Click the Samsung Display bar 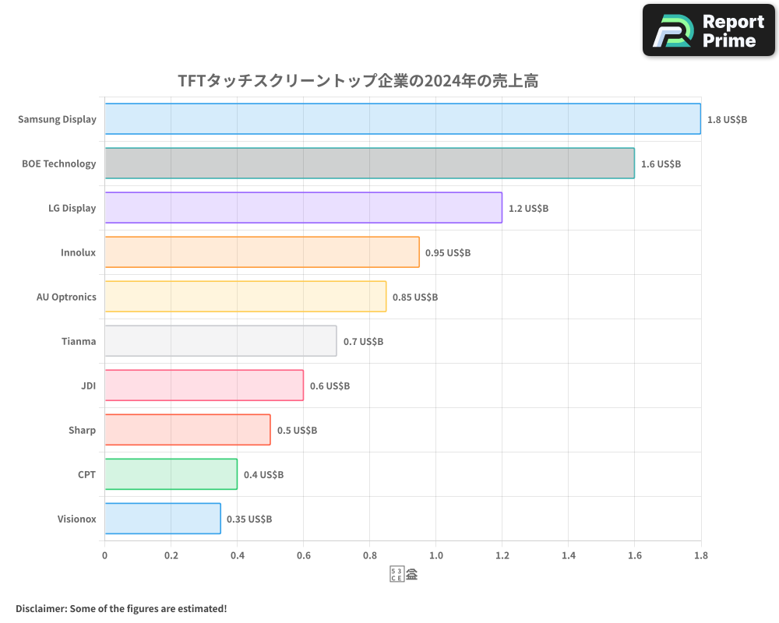click(x=403, y=119)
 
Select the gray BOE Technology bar click(x=369, y=164)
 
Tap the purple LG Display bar click(x=303, y=208)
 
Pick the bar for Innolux click(x=262, y=252)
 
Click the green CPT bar click(x=171, y=474)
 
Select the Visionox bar click(x=162, y=519)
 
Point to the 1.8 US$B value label click(x=727, y=120)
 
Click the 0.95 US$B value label click(x=448, y=253)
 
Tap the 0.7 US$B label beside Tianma click(x=363, y=342)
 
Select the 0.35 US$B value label click(x=249, y=519)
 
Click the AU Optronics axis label click(x=66, y=297)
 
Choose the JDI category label click(x=88, y=385)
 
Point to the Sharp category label click(x=82, y=430)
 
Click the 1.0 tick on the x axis click(x=435, y=555)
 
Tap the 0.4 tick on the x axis click(x=237, y=555)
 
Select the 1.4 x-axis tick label click(x=568, y=555)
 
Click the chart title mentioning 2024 click(x=358, y=81)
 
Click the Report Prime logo click(x=709, y=30)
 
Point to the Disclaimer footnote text click(x=121, y=608)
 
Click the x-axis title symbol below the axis click(x=404, y=575)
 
